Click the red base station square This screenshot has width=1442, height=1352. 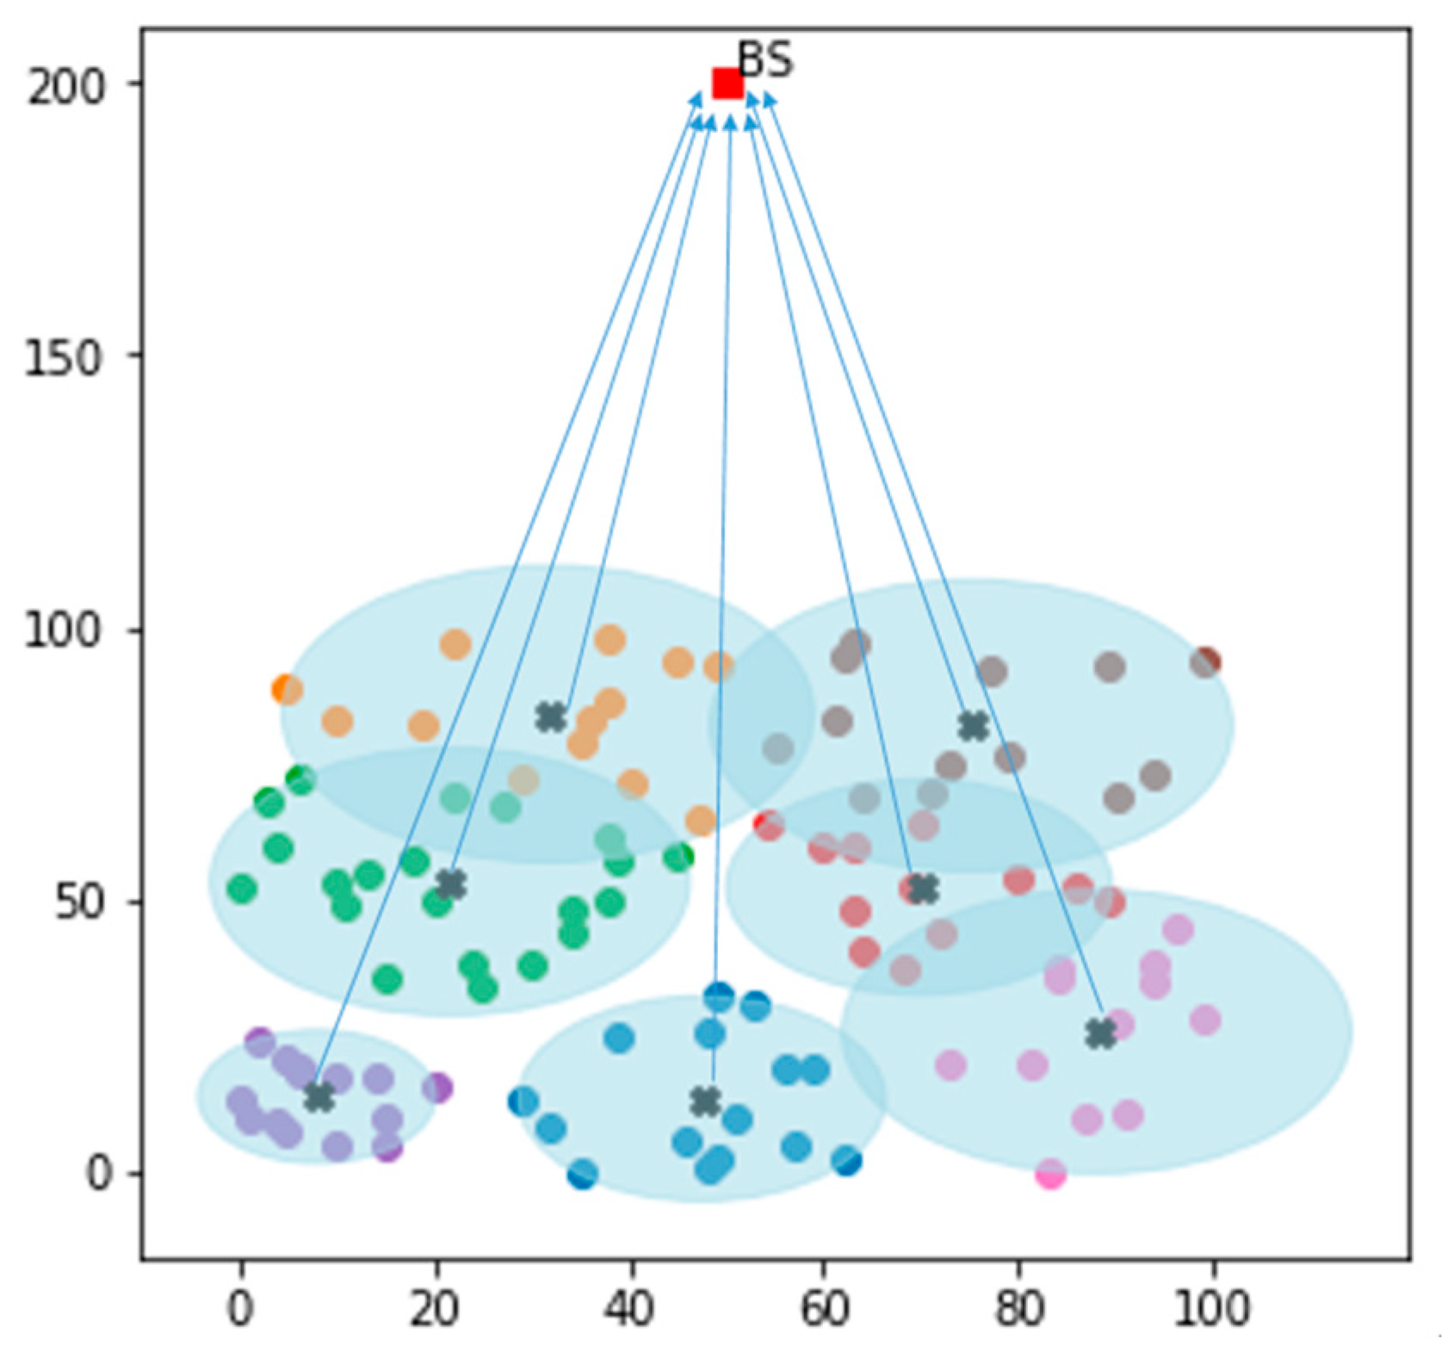click(727, 84)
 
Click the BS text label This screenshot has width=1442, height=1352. click(765, 60)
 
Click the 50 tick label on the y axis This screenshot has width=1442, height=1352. click(78, 902)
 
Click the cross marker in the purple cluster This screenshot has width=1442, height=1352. click(319, 1097)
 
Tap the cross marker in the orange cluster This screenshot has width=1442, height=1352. click(551, 716)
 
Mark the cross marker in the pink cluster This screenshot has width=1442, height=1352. click(1100, 1033)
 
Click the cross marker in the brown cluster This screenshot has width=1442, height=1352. click(974, 726)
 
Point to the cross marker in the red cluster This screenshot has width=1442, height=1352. click(923, 889)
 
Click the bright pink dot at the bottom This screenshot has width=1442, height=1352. click(1050, 1174)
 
